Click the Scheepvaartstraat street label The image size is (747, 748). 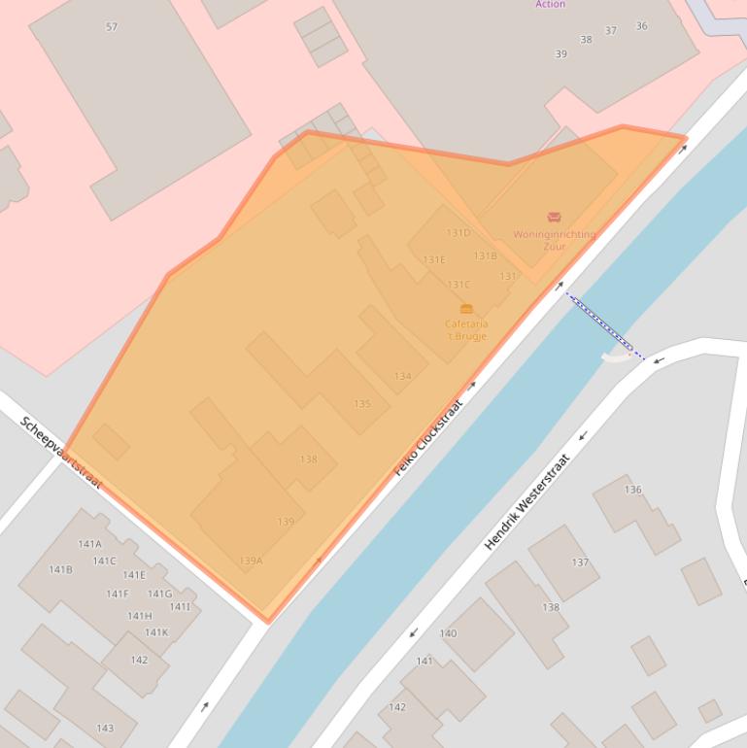pos(60,452)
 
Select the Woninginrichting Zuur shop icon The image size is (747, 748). pos(554,218)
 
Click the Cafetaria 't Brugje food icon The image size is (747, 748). pos(466,309)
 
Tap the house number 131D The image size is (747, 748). pos(458,233)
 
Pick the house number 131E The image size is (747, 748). pos(434,259)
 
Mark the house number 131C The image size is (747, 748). pos(458,285)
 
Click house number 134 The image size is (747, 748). pos(402,376)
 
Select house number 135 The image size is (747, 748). pos(362,404)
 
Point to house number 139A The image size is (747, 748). pos(251,561)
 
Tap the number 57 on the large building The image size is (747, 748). pos(112,27)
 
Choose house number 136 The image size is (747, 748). pos(633,490)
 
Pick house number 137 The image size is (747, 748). pos(580,562)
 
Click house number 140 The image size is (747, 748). pos(448,633)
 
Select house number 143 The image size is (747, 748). pos(105,728)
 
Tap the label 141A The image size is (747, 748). pos(90,544)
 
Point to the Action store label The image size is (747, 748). pos(550,5)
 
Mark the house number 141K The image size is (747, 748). pos(156,632)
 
